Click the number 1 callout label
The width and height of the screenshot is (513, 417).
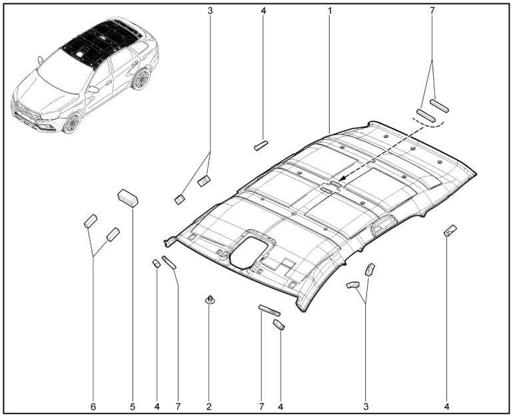pyautogui.click(x=330, y=11)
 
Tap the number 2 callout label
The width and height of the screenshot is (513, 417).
pyautogui.click(x=209, y=406)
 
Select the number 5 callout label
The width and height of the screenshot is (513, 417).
pyautogui.click(x=133, y=407)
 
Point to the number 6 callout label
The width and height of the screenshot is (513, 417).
pyautogui.click(x=93, y=407)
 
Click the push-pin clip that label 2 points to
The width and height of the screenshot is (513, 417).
pyautogui.click(x=209, y=299)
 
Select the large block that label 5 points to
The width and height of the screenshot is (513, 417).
pyautogui.click(x=128, y=198)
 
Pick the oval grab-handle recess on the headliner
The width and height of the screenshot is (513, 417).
pyautogui.click(x=382, y=225)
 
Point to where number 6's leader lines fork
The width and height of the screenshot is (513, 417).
pyautogui.click(x=93, y=256)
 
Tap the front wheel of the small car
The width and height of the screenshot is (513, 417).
pyautogui.click(x=72, y=123)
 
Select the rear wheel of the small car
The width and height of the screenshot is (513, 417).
pyautogui.click(x=141, y=79)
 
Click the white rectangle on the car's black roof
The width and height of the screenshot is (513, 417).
pyautogui.click(x=81, y=53)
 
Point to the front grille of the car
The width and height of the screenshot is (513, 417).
pyautogui.click(x=26, y=111)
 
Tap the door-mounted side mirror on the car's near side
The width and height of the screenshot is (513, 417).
pyautogui.click(x=94, y=89)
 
